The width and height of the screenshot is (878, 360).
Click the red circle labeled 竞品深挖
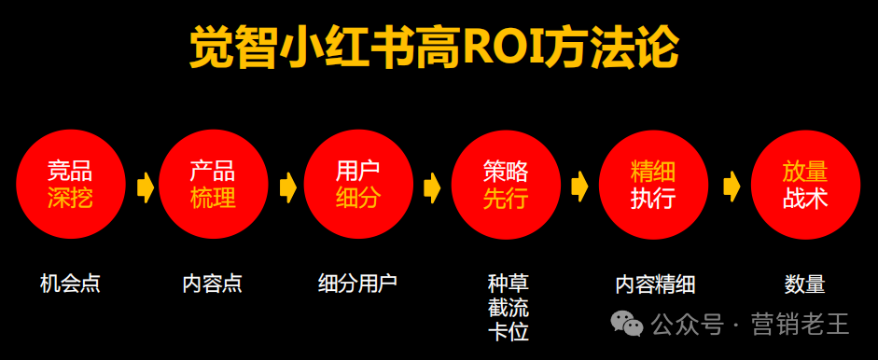click(70, 185)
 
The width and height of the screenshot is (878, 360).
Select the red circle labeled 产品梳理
click(213, 185)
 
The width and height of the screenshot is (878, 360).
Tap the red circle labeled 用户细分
click(358, 185)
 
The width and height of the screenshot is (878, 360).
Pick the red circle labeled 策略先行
click(505, 185)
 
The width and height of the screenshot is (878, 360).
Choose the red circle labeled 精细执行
click(652, 185)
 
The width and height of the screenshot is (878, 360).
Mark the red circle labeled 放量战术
click(804, 185)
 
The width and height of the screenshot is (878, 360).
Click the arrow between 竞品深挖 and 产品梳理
click(145, 187)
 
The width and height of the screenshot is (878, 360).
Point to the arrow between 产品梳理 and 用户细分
click(287, 187)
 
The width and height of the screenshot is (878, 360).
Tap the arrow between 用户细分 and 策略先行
click(432, 187)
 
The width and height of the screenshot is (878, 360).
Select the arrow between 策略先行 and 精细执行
click(580, 187)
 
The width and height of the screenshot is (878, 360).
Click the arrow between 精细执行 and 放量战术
click(731, 187)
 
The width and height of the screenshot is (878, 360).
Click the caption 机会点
click(70, 284)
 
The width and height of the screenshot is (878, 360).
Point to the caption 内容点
click(213, 284)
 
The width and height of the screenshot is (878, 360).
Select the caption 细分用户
click(357, 284)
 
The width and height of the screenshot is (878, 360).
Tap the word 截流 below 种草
click(508, 308)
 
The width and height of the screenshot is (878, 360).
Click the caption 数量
click(804, 284)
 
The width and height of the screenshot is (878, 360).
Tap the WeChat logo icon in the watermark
click(627, 325)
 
